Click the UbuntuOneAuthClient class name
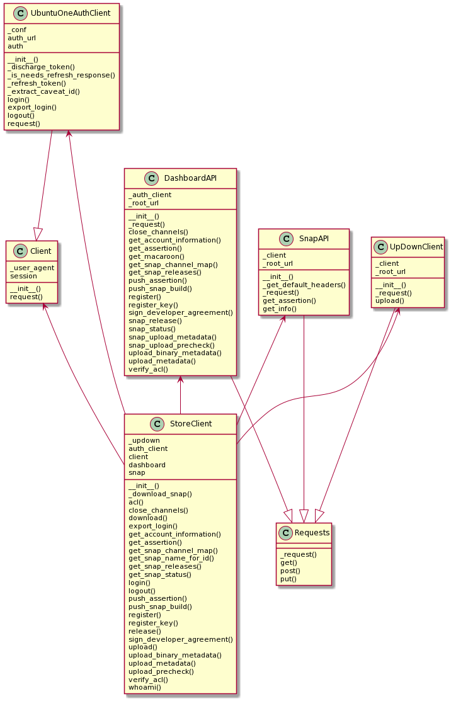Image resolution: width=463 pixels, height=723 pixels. (x=71, y=13)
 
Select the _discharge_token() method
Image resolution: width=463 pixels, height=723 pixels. (x=41, y=67)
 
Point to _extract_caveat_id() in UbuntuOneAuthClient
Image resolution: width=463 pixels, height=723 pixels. (x=44, y=91)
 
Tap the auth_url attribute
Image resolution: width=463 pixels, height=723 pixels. (x=21, y=38)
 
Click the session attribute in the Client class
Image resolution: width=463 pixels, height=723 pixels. (x=23, y=276)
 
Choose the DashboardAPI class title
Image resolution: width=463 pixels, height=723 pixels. (x=190, y=178)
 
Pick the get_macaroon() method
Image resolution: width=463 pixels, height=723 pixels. (x=156, y=256)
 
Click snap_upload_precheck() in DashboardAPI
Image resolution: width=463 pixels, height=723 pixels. (x=171, y=345)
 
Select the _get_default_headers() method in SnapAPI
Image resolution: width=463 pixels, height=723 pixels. (x=304, y=285)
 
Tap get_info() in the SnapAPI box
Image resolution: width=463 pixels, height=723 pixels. (x=280, y=309)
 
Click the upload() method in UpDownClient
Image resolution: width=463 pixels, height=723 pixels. (x=390, y=300)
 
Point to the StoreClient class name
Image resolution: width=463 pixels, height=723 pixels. (x=191, y=424)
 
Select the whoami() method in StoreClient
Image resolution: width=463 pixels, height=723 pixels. (x=145, y=688)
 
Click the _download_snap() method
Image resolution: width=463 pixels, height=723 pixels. (x=160, y=494)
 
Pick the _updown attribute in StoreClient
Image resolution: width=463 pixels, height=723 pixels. (x=144, y=441)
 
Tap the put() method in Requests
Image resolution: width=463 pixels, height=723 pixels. (x=289, y=579)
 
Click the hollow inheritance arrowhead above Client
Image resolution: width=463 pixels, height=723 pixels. (x=38, y=234)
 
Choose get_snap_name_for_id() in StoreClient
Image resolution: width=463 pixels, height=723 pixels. (x=171, y=559)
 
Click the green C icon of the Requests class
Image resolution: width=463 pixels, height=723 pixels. (x=286, y=533)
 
